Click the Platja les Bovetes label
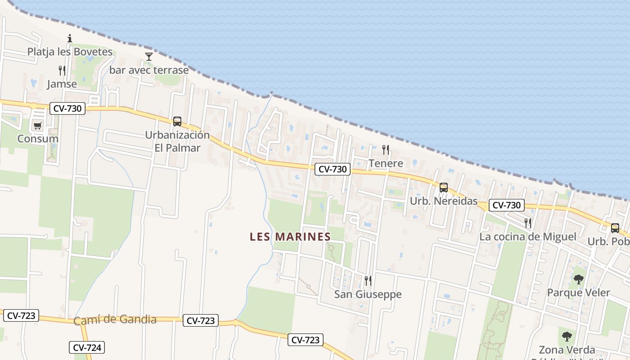click(70, 52)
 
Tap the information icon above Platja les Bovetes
click(70, 39)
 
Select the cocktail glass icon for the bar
click(149, 56)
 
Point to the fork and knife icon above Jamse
click(62, 71)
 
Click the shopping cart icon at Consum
click(38, 126)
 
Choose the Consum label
click(38, 139)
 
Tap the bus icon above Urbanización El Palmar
click(177, 121)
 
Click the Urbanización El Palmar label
click(177, 141)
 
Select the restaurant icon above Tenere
click(386, 150)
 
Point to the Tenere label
click(386, 163)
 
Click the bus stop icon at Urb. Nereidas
click(444, 188)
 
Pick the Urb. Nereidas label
click(443, 201)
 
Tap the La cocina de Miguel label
click(527, 237)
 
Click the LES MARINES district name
click(290, 237)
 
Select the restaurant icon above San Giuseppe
click(368, 281)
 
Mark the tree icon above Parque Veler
click(578, 279)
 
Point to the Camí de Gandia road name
click(115, 320)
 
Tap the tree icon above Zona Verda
click(567, 336)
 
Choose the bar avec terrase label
click(149, 70)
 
